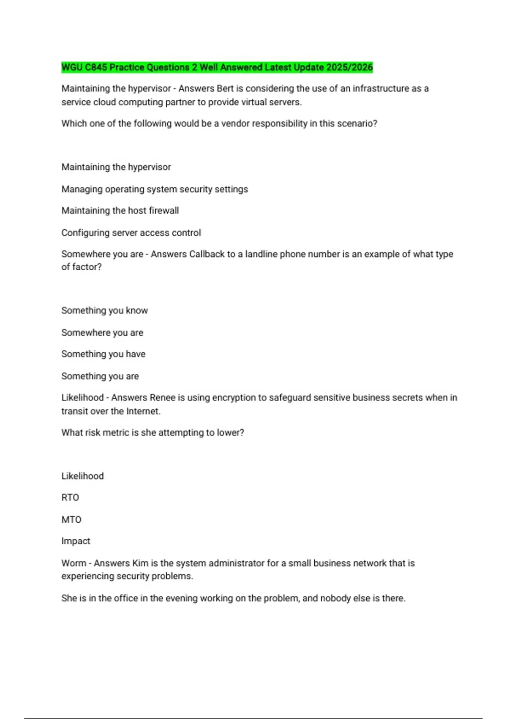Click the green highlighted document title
pyautogui.click(x=217, y=67)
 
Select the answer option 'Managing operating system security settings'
pyautogui.click(x=155, y=189)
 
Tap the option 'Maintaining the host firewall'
pyautogui.click(x=120, y=210)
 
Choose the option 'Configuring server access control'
pyautogui.click(x=131, y=233)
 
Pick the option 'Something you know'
pyautogui.click(x=104, y=310)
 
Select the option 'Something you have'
pyautogui.click(x=103, y=354)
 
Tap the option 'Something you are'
pyautogui.click(x=100, y=376)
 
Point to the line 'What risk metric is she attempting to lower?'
pyautogui.click(x=153, y=432)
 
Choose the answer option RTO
pyautogui.click(x=70, y=497)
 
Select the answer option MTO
pyautogui.click(x=71, y=519)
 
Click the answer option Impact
pyautogui.click(x=76, y=541)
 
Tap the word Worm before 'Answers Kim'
pyautogui.click(x=74, y=563)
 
